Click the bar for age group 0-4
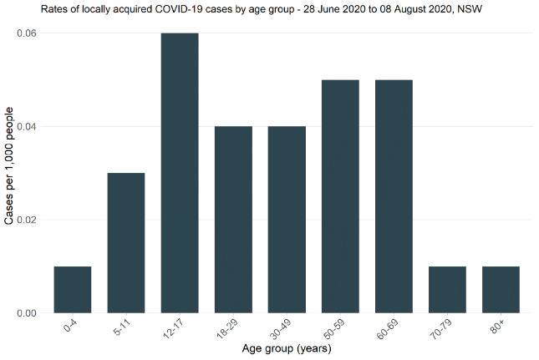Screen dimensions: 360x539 click(73, 290)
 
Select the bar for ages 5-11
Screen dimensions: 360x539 click(125, 243)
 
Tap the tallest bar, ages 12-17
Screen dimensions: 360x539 click(179, 173)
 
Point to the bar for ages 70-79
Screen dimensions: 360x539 click(447, 290)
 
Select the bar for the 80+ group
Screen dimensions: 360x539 click(501, 290)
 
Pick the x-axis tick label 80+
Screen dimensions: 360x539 click(499, 326)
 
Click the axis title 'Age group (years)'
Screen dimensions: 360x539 click(287, 350)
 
